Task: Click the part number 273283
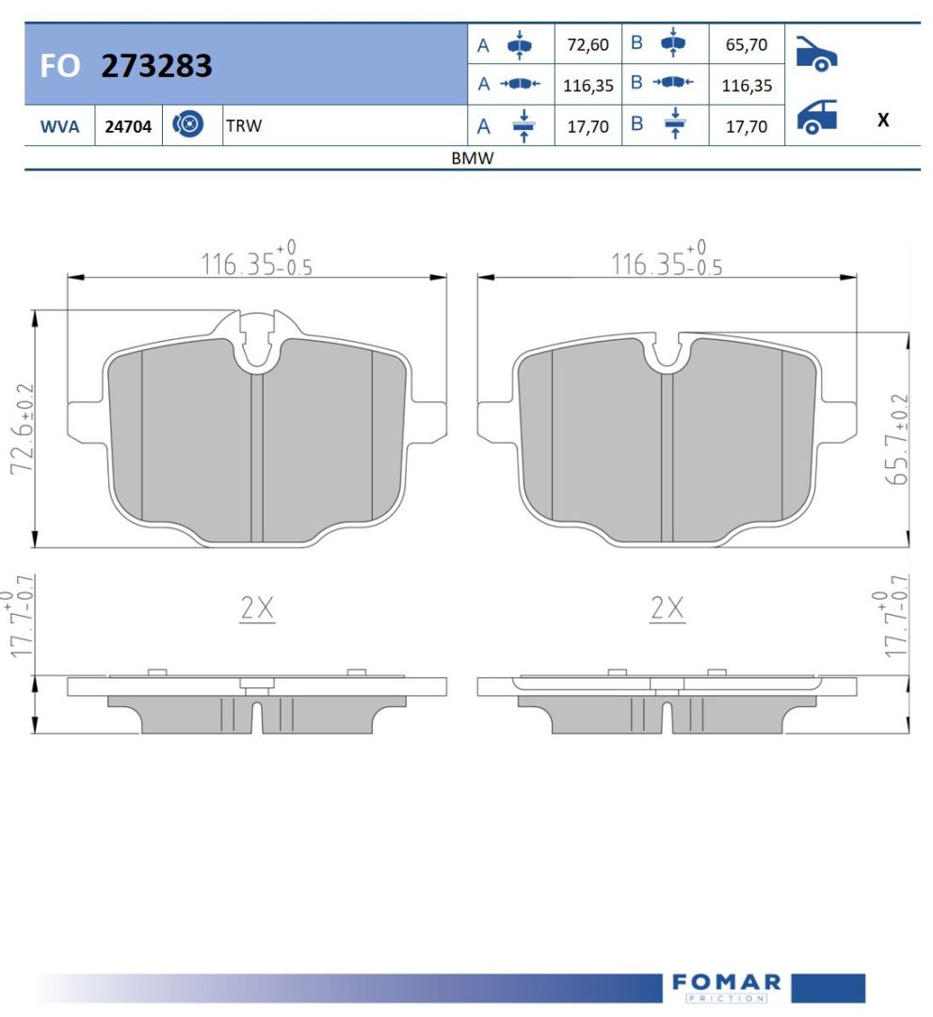click(x=156, y=66)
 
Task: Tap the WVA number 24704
click(x=128, y=126)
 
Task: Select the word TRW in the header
click(x=244, y=125)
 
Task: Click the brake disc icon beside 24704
click(x=188, y=124)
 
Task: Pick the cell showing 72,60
click(x=588, y=45)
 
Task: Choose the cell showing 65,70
click(x=747, y=45)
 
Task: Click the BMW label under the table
click(x=473, y=157)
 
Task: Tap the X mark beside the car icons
click(x=883, y=120)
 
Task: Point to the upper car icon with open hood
click(x=817, y=53)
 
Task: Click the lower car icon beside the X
click(x=817, y=117)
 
